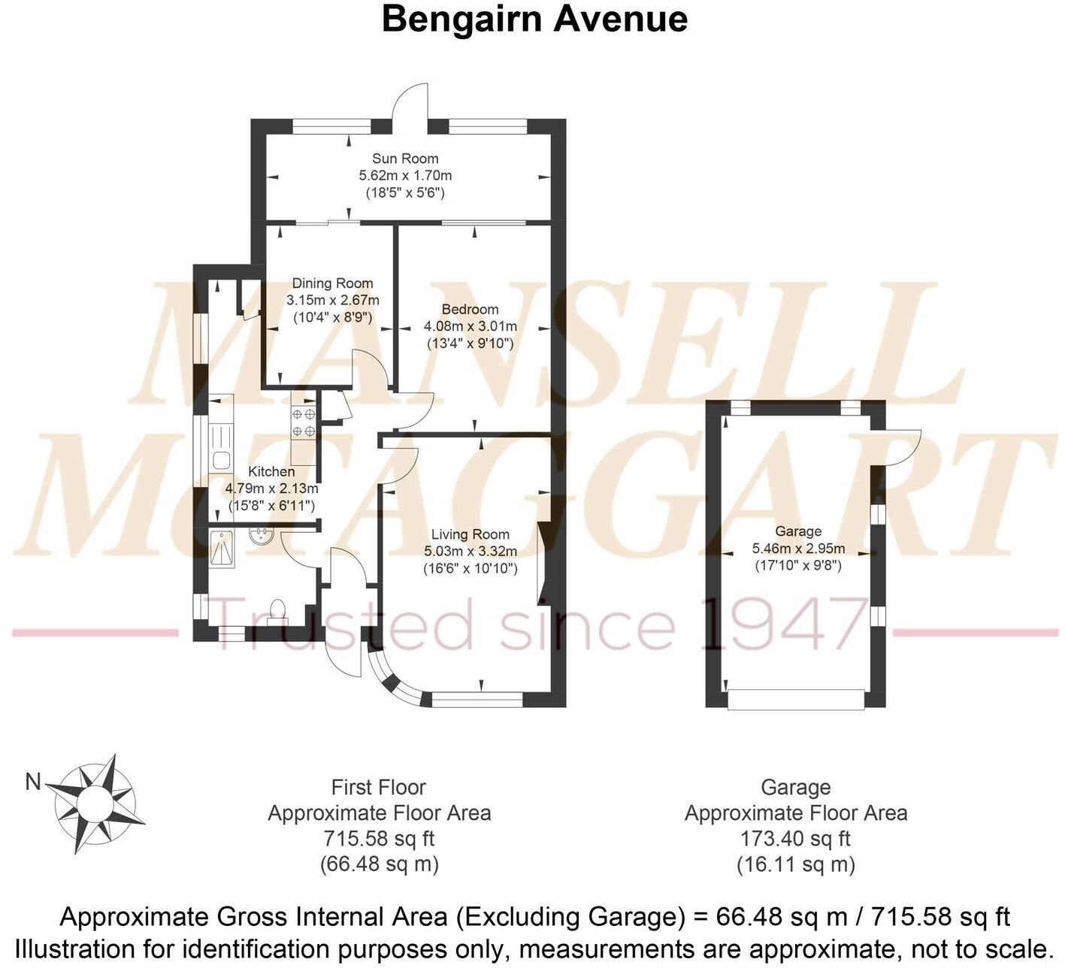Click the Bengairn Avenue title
pos(534,19)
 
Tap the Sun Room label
pos(405,159)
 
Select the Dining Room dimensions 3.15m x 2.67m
pos(332,300)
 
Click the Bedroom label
pos(470,309)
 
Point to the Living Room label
pos(470,534)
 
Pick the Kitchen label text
pos(271,471)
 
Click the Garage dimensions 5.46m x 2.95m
pos(798,549)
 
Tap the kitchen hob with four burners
pos(304,422)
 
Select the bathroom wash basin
pos(262,537)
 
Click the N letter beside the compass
pos(32,782)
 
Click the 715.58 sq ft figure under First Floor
pos(379,838)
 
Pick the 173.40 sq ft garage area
pos(795,838)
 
